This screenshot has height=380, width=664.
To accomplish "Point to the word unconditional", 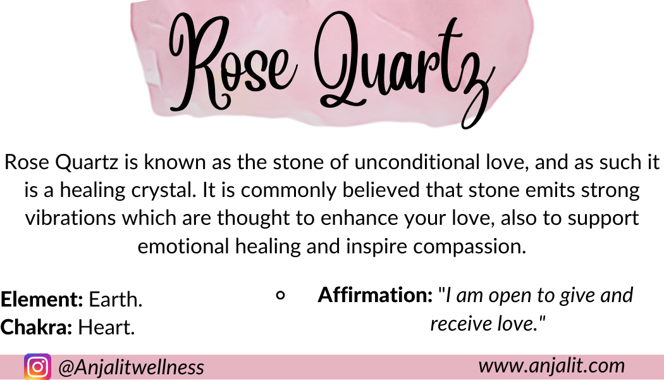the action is [417, 162].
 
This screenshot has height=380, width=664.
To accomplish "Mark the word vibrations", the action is [70, 218].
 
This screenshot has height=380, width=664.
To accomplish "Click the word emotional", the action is [183, 246].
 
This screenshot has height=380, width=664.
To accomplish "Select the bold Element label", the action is [42, 300].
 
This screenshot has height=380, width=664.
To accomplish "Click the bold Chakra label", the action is [36, 327].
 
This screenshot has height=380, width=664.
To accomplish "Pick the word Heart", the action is [106, 327].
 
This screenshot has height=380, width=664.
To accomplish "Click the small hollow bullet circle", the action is [280, 295].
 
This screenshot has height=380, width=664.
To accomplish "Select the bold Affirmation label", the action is [375, 294].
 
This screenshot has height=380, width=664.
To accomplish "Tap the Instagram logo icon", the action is [38, 367].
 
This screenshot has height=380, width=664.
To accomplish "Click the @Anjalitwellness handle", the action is [132, 367].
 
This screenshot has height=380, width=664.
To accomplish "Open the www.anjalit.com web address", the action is [552, 365].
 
